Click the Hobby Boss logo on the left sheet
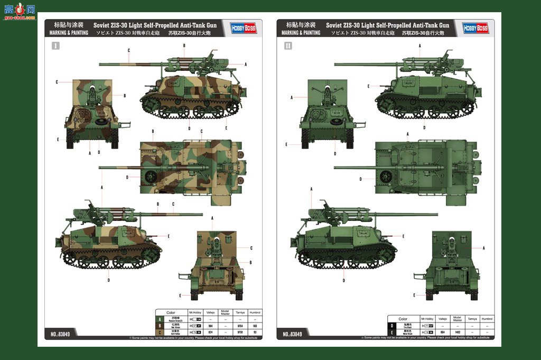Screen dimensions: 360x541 (x=243, y=29)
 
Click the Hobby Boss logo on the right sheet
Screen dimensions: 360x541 (x=475, y=29)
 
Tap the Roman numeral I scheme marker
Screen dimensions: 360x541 (x=55, y=46)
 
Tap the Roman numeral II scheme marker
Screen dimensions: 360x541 (x=288, y=46)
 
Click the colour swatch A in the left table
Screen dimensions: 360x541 (x=160, y=319)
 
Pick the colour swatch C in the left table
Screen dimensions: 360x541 (x=160, y=332)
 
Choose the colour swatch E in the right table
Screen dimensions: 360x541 (x=393, y=332)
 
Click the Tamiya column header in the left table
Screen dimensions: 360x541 (x=240, y=312)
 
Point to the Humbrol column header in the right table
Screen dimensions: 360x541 (x=487, y=319)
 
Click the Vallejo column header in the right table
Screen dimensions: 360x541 (x=443, y=319)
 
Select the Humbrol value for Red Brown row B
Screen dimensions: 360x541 (x=255, y=326)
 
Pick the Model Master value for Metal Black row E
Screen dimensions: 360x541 (x=458, y=332)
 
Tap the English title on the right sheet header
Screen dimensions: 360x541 (x=387, y=25)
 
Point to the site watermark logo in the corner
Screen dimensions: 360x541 (x=20, y=11)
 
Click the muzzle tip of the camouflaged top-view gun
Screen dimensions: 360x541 (x=100, y=169)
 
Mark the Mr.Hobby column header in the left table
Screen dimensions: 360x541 (x=195, y=312)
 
